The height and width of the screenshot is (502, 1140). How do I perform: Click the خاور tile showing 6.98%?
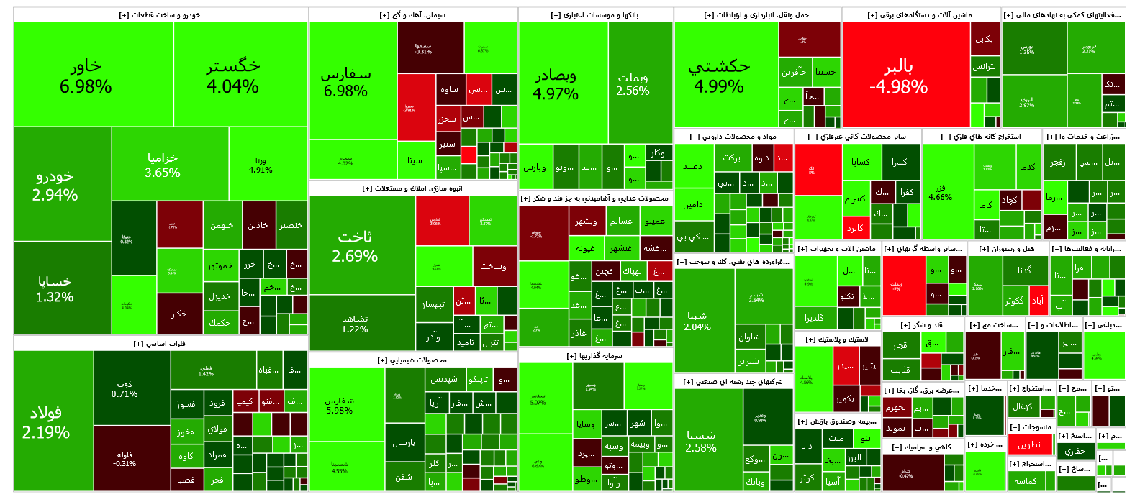click(86, 76)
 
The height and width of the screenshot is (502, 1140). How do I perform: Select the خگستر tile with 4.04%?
click(232, 76)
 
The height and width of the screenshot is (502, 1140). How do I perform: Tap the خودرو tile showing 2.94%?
click(55, 186)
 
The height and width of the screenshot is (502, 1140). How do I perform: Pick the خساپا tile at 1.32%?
click(55, 288)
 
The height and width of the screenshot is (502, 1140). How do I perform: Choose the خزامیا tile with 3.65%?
click(163, 165)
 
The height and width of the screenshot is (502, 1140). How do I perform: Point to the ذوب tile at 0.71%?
click(125, 388)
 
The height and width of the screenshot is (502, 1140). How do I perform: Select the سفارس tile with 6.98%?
click(345, 82)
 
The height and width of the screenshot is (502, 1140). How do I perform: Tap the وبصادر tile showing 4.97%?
click(556, 84)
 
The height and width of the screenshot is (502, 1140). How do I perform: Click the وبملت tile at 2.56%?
click(633, 83)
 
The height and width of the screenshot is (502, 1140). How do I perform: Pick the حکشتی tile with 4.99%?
click(719, 76)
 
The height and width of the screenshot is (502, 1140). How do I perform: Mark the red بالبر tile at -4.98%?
click(898, 76)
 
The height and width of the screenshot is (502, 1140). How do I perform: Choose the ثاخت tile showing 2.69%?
click(355, 246)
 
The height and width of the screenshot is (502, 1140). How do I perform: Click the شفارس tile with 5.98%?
click(339, 405)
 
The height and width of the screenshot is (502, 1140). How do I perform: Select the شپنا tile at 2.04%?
click(697, 321)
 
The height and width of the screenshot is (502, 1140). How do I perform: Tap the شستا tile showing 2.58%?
click(700, 442)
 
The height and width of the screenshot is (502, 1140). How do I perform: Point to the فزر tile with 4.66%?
click(940, 193)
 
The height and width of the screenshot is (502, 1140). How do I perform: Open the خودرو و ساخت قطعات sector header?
click(160, 15)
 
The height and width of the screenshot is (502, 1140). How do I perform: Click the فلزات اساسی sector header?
click(160, 344)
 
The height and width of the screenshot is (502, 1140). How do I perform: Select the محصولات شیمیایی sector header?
click(412, 360)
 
